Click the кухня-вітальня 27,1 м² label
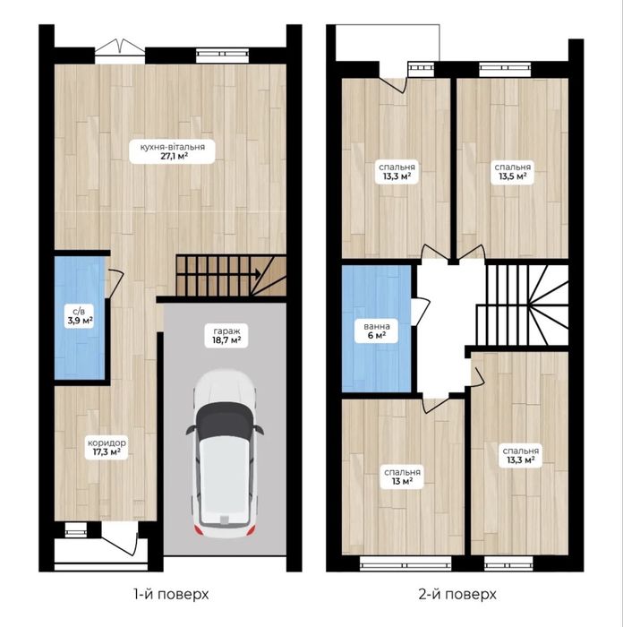pos(172,151)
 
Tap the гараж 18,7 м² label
pos(226,336)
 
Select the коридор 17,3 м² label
pos(107,448)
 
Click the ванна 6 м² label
pos(377,331)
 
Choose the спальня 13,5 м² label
pos(512,172)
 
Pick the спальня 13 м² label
pos(402,477)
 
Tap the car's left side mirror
pos(190,430)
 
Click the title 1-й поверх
pos(171,595)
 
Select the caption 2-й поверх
pos(457,595)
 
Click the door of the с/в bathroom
pos(115,283)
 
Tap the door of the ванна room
pos(421,311)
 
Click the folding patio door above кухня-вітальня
pos(120,47)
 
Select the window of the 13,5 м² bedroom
pos(505,69)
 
